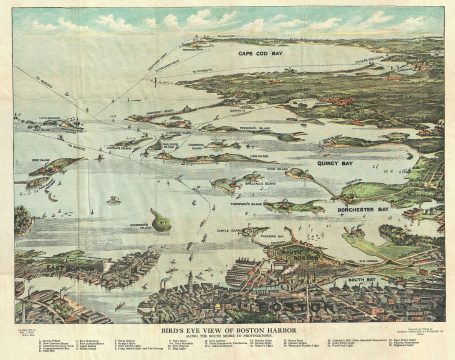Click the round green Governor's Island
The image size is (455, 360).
click(x=160, y=218)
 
